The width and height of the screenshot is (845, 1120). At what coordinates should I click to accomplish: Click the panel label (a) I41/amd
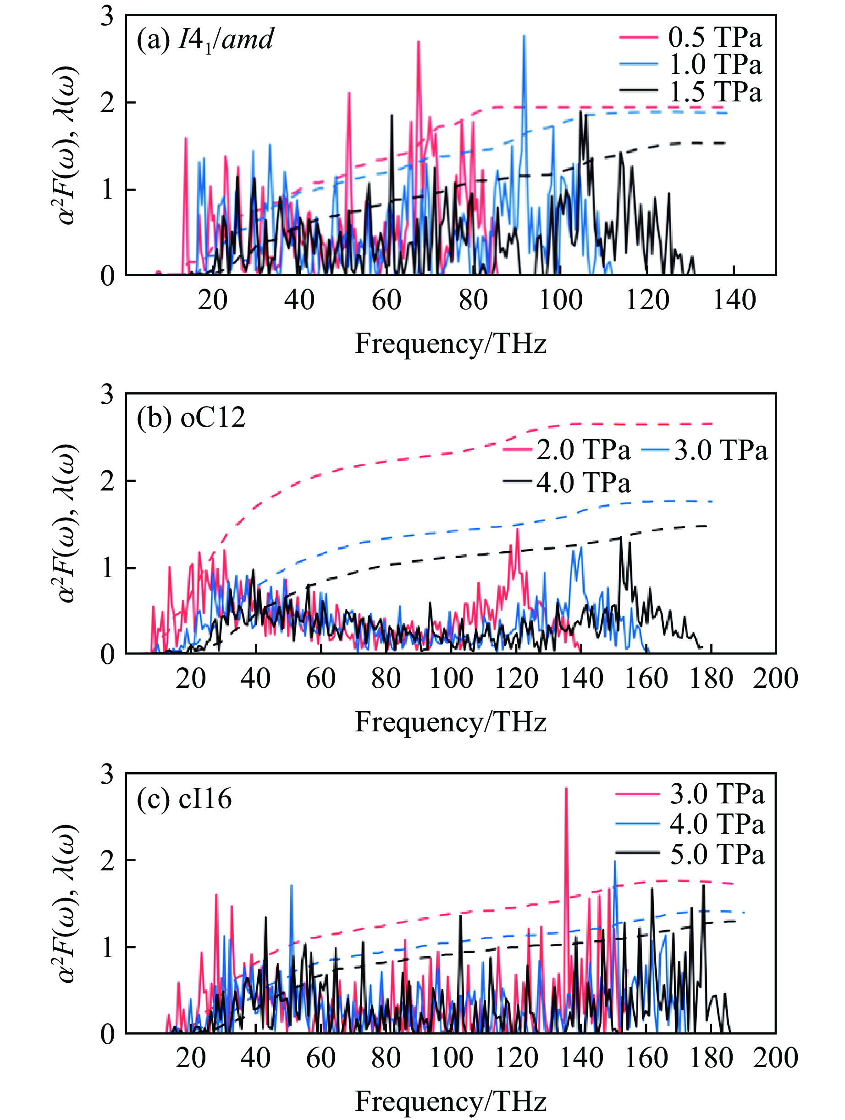tap(205, 39)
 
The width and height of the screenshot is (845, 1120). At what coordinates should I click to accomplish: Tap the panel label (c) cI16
tap(185, 799)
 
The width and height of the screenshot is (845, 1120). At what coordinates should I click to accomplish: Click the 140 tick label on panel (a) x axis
tap(734, 300)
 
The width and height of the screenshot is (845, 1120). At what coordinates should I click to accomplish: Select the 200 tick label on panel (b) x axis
tap(775, 679)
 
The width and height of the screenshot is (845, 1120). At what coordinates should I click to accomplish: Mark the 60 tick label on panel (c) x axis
tap(321, 1058)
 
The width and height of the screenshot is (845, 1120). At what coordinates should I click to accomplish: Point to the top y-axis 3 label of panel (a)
tap(107, 17)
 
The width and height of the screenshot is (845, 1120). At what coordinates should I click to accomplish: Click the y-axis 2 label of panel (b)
tap(107, 481)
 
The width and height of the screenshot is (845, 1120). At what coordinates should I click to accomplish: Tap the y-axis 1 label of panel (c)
tap(107, 947)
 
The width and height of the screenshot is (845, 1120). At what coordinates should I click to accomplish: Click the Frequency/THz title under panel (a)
tap(450, 344)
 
